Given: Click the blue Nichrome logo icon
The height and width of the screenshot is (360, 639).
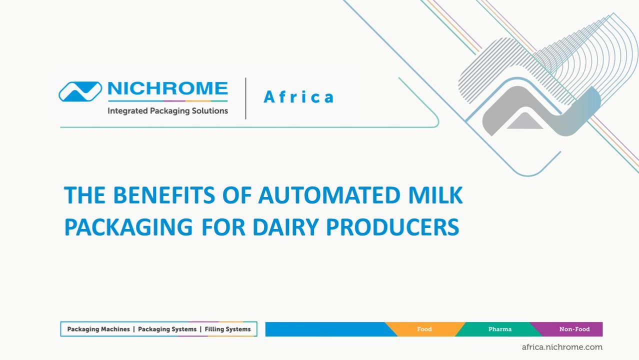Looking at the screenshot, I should click(x=80, y=91).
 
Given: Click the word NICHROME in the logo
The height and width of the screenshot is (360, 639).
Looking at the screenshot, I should click(x=167, y=89).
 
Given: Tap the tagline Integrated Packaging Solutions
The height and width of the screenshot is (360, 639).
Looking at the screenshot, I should click(x=167, y=111).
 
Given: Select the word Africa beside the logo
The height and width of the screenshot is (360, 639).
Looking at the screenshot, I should click(x=298, y=97).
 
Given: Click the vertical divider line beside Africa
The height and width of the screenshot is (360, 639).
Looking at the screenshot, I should click(x=245, y=98).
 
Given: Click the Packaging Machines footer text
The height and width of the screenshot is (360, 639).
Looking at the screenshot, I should click(x=98, y=329).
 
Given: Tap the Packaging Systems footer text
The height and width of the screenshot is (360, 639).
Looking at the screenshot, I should click(x=167, y=329).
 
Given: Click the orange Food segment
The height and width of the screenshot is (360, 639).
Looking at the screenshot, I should click(x=424, y=329).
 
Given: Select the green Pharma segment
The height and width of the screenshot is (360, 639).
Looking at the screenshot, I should click(x=499, y=329).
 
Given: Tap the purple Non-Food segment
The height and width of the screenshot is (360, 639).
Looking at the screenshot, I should click(x=574, y=329).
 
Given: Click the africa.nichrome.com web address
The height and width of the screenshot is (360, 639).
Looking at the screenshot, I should click(x=562, y=347).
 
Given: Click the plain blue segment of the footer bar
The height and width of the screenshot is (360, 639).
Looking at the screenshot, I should click(x=325, y=329).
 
